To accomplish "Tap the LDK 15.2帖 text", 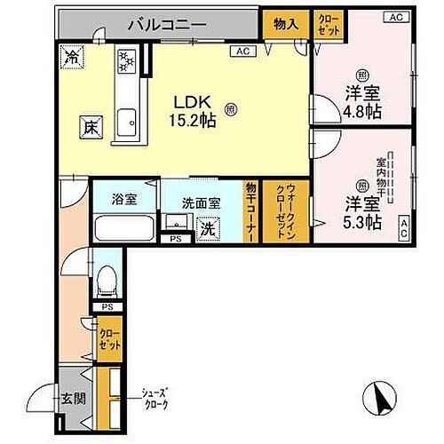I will click(x=193, y=109).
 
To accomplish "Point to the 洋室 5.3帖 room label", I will click(x=363, y=212).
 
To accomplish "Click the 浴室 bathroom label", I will click(x=124, y=200).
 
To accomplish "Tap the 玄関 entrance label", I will click(x=74, y=398).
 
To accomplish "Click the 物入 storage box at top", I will click(x=285, y=25).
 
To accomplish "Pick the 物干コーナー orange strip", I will click(x=252, y=210).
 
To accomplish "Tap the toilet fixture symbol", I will click(x=106, y=282).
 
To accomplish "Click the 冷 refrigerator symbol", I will click(x=73, y=57).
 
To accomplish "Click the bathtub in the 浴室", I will click(x=125, y=229).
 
